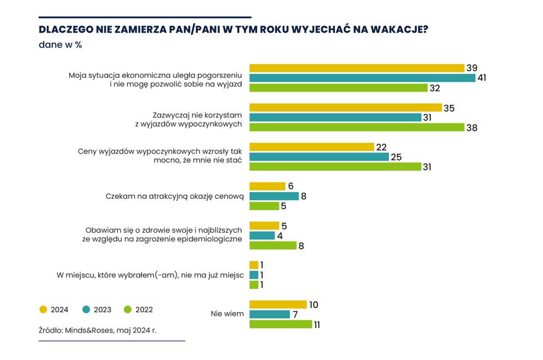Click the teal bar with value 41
point(362,78)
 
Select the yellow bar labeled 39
point(356,68)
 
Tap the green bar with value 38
point(356,127)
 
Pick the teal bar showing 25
point(318,157)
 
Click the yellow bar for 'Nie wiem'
point(278,304)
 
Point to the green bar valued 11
point(281,324)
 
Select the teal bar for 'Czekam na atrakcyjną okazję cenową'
point(274,196)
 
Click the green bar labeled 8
point(273,245)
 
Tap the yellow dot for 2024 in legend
point(44,310)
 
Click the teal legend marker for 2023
point(86,310)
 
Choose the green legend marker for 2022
point(128,310)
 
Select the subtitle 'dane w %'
point(60,45)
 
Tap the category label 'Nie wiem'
point(227,314)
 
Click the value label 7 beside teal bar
point(296,314)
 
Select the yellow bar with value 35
point(345,108)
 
